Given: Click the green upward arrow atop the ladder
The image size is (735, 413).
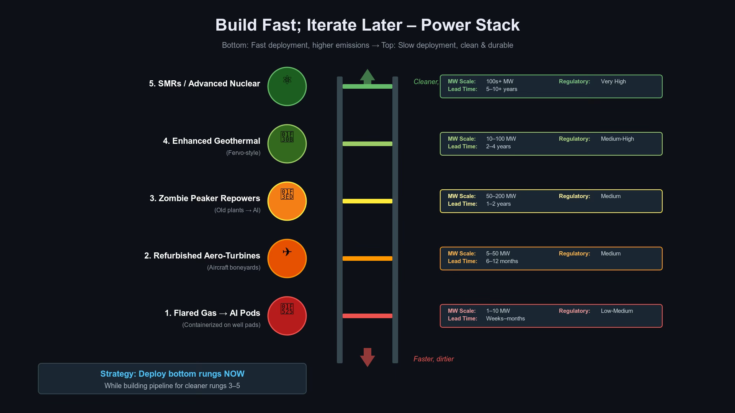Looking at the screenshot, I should [x=367, y=76].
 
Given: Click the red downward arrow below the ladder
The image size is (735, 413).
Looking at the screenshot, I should [x=367, y=357].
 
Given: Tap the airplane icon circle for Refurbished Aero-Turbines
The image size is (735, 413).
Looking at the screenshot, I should [x=287, y=259].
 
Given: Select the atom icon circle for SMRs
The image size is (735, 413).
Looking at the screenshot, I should [x=287, y=86].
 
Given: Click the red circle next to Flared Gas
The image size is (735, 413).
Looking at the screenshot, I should [x=287, y=316].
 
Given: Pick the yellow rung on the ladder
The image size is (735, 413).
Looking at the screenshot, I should [x=367, y=201].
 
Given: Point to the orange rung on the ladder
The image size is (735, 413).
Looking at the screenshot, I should [x=367, y=259].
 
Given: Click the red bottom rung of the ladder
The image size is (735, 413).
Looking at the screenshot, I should [x=367, y=316].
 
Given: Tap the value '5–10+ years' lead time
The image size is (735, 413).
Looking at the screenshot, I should [x=501, y=89].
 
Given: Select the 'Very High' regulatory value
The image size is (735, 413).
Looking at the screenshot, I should [x=613, y=81].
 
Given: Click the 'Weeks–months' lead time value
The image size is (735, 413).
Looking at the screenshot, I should [x=505, y=319].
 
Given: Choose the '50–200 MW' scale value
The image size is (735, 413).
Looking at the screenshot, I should [x=501, y=196].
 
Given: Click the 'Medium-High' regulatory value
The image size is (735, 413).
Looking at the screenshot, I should [x=617, y=139].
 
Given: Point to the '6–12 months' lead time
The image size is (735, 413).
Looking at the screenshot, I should [x=502, y=261].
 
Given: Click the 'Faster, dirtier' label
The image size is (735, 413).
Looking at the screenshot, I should [x=433, y=359].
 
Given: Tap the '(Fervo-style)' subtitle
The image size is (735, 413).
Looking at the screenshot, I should [x=243, y=153].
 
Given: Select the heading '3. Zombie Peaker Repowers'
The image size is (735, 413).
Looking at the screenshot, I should [x=205, y=198].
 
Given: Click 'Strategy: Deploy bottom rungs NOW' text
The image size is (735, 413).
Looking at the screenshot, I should [x=172, y=374].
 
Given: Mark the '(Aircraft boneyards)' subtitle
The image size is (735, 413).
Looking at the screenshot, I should [x=234, y=267].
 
